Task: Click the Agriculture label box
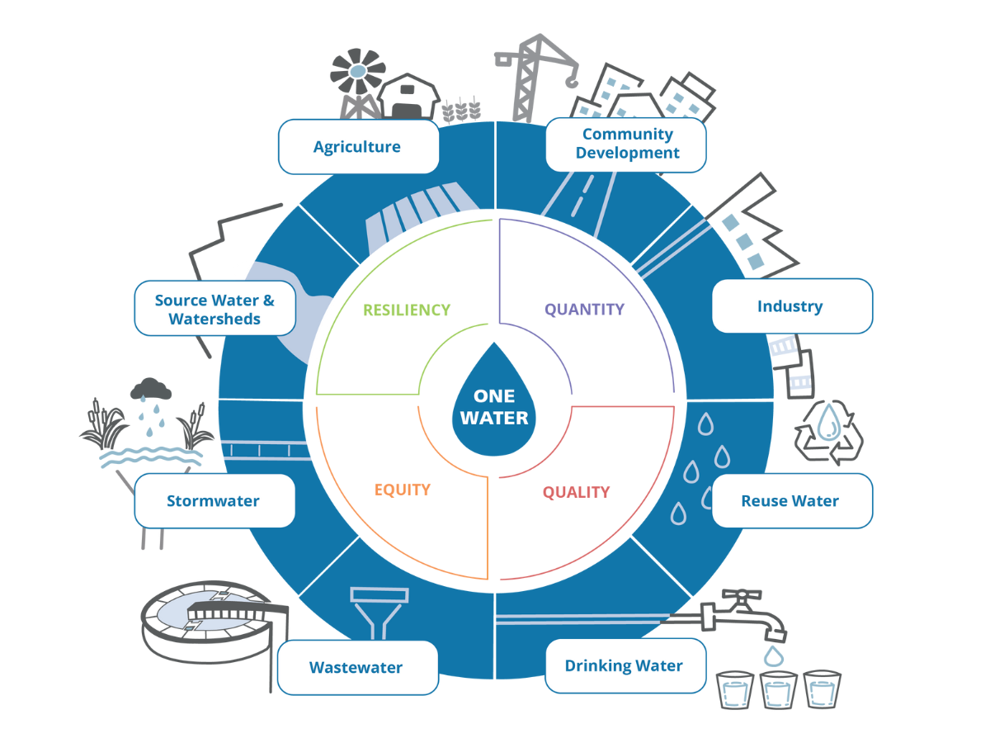click(358, 147)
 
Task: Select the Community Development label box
click(626, 144)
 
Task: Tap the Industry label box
click(791, 306)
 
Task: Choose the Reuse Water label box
click(791, 500)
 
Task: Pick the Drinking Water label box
click(625, 665)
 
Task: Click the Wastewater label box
click(357, 667)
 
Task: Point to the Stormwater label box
click(214, 500)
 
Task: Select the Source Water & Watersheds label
click(214, 309)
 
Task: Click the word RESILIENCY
click(407, 310)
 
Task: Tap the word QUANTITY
click(584, 310)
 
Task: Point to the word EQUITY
click(403, 490)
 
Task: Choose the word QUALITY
click(576, 492)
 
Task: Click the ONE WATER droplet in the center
click(494, 404)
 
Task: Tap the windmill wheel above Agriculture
click(357, 72)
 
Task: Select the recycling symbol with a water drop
click(828, 429)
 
